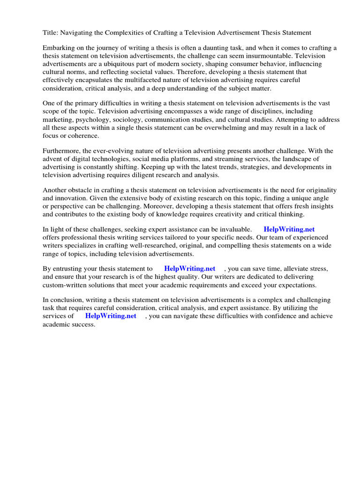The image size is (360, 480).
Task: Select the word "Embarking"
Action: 58,48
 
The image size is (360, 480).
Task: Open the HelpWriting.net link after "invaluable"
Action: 289,230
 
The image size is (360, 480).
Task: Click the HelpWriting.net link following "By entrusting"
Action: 189,269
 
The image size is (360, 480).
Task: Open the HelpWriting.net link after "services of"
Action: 111,316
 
